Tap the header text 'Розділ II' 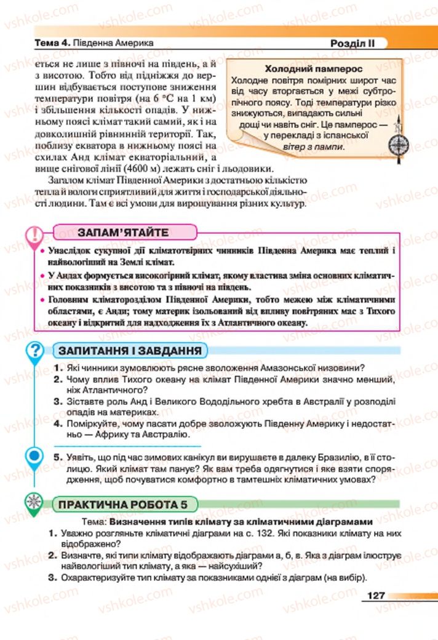(x=351, y=43)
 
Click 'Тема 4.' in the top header (x=53, y=44)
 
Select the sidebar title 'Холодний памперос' (x=312, y=69)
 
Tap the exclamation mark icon (x=35, y=235)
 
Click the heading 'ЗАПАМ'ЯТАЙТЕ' (x=123, y=232)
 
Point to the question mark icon (x=36, y=351)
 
